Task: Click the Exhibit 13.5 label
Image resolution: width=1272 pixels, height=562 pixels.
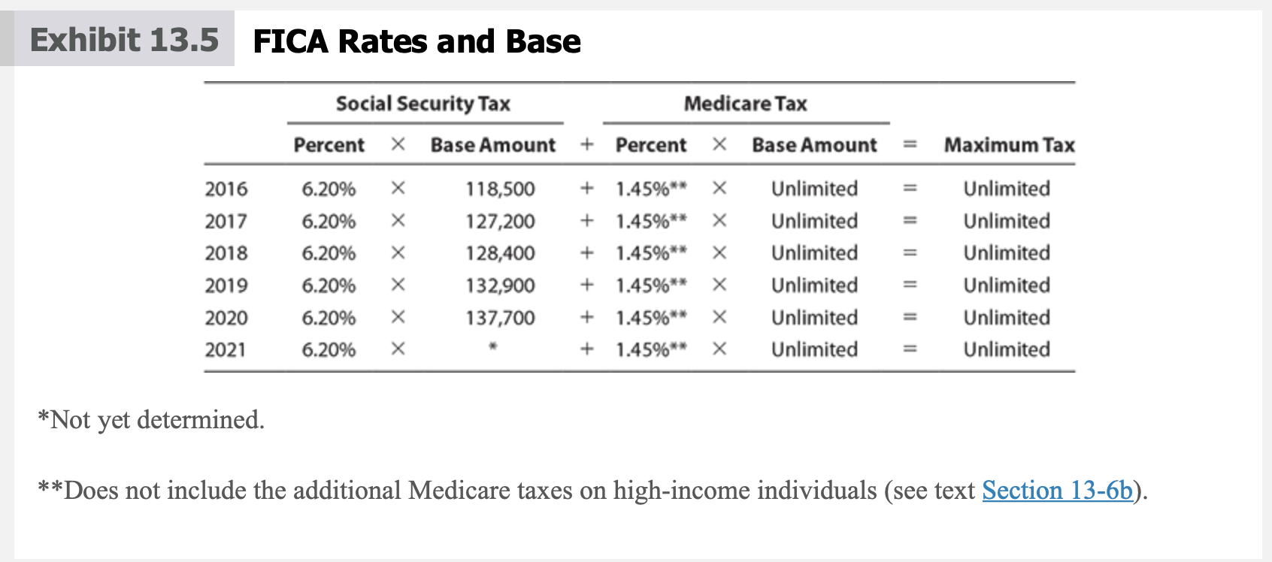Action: click(x=124, y=40)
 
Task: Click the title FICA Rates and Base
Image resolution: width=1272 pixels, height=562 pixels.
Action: click(x=416, y=41)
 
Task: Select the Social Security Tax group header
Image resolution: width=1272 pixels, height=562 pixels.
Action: click(x=423, y=104)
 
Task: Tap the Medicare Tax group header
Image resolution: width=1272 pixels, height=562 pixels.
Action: click(x=746, y=104)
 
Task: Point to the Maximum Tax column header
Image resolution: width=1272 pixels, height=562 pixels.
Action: click(x=1009, y=145)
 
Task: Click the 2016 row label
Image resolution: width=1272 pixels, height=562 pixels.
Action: click(x=226, y=189)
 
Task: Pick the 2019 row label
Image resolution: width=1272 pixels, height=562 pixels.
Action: click(x=226, y=285)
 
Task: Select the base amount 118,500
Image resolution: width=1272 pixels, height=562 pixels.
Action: click(x=500, y=189)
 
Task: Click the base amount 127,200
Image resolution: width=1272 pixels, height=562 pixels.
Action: click(x=500, y=221)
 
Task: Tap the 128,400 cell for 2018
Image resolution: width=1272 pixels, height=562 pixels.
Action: click(x=500, y=252)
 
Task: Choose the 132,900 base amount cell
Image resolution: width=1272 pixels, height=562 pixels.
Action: click(x=500, y=285)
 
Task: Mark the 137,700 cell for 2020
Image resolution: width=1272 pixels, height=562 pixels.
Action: click(x=500, y=317)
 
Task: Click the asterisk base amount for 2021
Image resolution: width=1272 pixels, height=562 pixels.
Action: click(x=493, y=346)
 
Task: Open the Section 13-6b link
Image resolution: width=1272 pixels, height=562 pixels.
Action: click(x=1057, y=490)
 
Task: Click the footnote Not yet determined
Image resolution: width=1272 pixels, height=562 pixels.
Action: click(x=151, y=420)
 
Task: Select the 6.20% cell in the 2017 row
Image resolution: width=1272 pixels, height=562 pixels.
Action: click(x=329, y=221)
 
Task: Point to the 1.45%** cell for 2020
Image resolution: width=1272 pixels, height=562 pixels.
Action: click(x=651, y=317)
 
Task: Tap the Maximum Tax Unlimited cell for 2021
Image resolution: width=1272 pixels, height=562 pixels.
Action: click(x=1007, y=349)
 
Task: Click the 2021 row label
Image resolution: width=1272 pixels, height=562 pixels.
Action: click(x=226, y=349)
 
